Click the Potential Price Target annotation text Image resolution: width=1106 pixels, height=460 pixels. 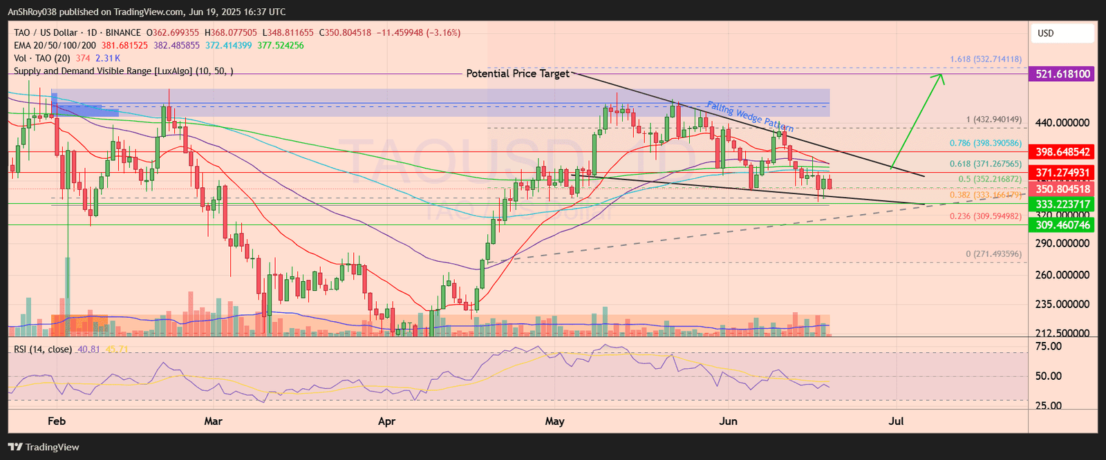tap(518, 73)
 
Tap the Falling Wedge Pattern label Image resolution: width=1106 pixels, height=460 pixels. tap(750, 116)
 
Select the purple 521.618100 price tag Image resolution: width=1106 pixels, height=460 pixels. tap(1062, 74)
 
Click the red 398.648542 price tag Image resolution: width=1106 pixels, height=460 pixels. tap(1062, 152)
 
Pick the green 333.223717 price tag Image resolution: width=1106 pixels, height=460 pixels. tap(1062, 204)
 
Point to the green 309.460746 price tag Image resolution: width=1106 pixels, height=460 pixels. tap(1062, 225)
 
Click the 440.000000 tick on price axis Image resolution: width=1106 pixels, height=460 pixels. tap(1062, 123)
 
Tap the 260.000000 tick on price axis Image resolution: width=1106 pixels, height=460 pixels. tap(1062, 275)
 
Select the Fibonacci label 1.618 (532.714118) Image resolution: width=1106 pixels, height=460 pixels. tap(986, 59)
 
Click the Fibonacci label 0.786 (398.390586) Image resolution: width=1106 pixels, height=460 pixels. tap(986, 143)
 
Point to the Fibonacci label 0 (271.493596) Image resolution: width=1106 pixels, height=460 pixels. tap(993, 254)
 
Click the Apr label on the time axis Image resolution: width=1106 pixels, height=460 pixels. tap(386, 421)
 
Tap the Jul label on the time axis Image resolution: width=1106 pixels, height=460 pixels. tap(896, 421)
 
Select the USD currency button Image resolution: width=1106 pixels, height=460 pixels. tap(1046, 33)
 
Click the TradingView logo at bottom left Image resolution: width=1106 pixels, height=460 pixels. tap(44, 447)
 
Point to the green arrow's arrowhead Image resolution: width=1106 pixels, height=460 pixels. tap(941, 77)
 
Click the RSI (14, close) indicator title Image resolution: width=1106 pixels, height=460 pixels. tap(43, 349)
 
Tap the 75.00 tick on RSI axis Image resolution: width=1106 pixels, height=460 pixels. tap(1050, 347)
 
